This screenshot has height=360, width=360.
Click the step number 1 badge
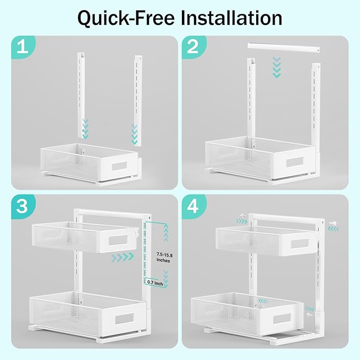coord(22,48)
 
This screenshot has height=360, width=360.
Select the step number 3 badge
coord(22,207)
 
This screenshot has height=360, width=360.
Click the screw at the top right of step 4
coord(336,224)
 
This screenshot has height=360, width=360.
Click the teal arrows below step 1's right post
coord(135,134)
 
